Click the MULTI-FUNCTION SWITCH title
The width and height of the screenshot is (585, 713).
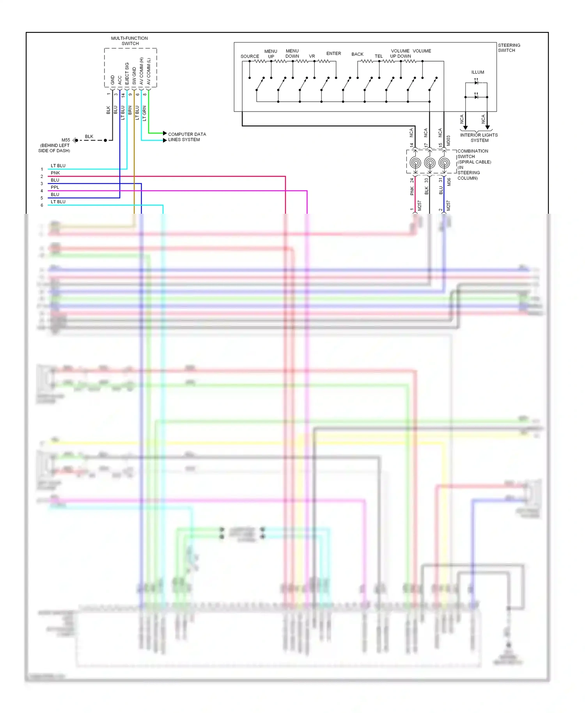click(129, 41)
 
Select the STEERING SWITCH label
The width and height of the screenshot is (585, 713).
click(509, 48)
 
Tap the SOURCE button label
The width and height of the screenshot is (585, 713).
click(250, 57)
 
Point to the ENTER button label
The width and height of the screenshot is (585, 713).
click(333, 53)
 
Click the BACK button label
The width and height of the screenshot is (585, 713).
click(357, 54)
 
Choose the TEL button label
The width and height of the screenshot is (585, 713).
click(379, 56)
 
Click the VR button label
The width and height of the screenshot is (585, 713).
click(312, 56)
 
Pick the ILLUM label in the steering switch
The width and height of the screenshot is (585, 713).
click(477, 72)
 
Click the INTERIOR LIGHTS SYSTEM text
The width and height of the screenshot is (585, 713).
click(479, 138)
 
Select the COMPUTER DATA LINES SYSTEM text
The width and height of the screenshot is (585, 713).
click(187, 137)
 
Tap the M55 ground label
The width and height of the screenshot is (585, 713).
click(66, 140)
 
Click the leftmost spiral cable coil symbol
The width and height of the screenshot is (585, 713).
click(415, 163)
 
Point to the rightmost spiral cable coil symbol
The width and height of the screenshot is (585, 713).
click(444, 163)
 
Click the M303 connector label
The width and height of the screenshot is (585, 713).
click(448, 141)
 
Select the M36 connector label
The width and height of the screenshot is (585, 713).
click(449, 182)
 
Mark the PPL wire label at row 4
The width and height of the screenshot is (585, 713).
click(55, 187)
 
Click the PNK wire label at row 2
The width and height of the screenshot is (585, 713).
click(55, 173)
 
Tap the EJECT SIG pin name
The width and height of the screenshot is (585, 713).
click(127, 73)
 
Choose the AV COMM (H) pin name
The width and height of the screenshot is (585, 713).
click(142, 71)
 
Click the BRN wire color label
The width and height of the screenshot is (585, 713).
click(130, 110)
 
